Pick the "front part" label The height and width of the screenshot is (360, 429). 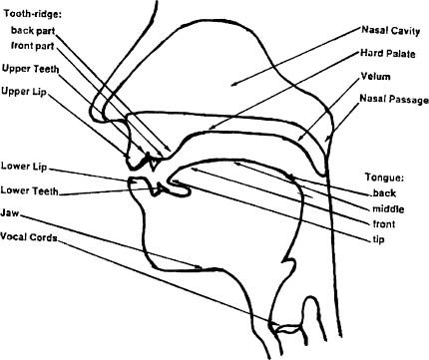tap(35, 46)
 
